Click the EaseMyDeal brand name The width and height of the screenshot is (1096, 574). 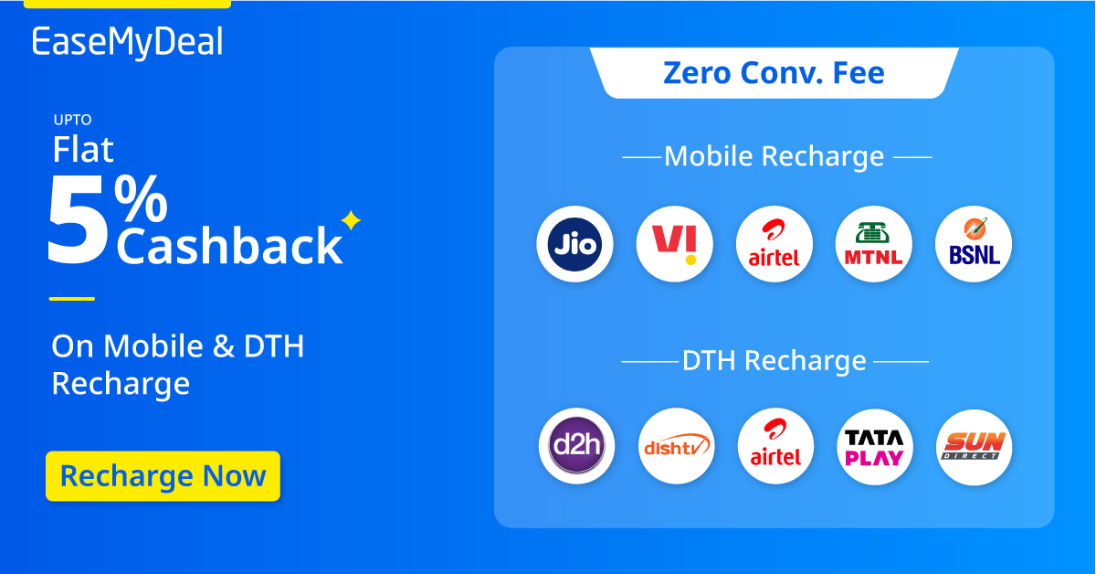tap(127, 43)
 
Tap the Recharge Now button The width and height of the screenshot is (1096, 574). tap(163, 476)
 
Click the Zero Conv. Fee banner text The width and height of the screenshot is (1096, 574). tap(774, 72)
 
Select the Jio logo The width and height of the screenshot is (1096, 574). tap(574, 244)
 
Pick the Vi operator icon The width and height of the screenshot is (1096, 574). tap(674, 244)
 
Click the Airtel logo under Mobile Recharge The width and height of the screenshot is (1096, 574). tap(774, 244)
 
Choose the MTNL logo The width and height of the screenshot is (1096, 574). tap(873, 244)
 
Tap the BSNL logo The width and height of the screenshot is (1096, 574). tap(974, 244)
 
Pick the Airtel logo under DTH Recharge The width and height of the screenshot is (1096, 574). tap(775, 446)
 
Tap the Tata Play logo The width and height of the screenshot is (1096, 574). tap(874, 446)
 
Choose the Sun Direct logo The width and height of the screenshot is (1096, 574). tap(974, 446)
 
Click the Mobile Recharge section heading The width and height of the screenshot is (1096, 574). tap(774, 156)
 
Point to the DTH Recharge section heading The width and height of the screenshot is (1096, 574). tap(774, 360)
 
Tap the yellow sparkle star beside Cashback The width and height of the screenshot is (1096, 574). tap(351, 221)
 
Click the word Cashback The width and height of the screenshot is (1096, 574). tap(228, 245)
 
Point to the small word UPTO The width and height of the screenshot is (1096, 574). tap(72, 120)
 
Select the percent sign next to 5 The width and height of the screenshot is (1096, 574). tap(142, 198)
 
